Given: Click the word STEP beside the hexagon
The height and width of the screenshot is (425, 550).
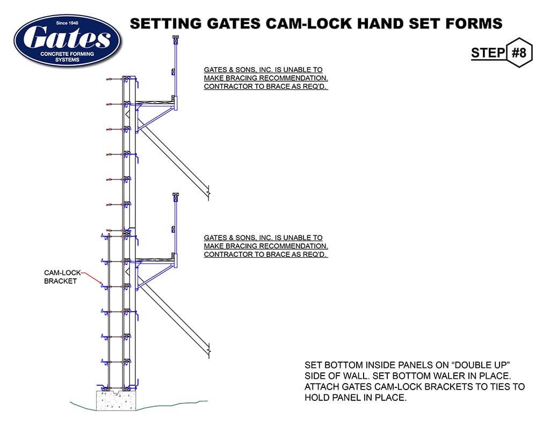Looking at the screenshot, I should [488, 53].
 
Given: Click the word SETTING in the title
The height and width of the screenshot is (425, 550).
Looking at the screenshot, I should [163, 24].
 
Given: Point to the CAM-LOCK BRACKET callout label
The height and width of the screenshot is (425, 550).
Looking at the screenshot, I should [61, 277].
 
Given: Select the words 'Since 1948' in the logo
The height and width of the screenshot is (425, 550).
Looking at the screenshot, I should [68, 23].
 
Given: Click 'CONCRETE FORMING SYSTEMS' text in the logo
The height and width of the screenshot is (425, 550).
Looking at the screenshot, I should [68, 57].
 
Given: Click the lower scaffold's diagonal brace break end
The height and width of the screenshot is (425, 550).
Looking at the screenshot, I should [208, 352].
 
